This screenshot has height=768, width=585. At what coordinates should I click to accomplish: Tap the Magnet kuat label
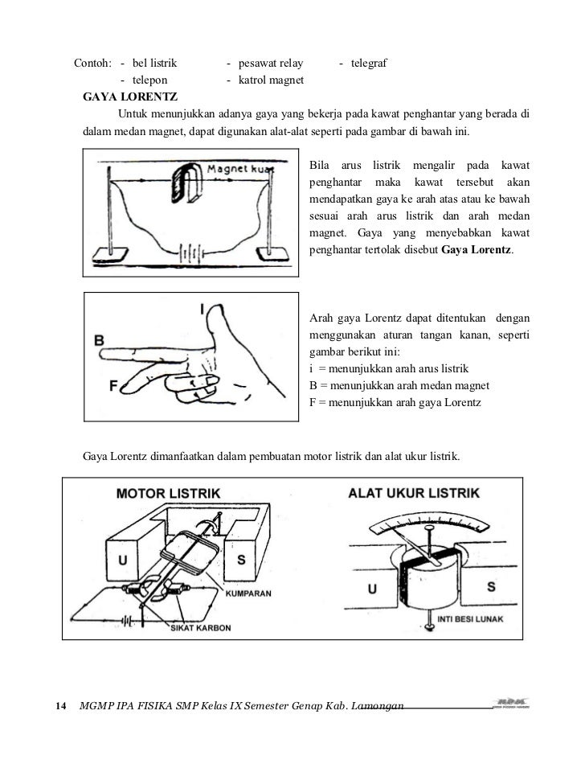pos(240,170)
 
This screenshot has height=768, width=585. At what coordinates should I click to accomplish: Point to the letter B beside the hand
pos(100,341)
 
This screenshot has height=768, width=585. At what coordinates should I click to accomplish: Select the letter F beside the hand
pos(113,385)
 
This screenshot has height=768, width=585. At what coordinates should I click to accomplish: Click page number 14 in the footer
pos(59,706)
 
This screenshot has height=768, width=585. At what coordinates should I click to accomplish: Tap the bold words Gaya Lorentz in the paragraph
pos(477,250)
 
